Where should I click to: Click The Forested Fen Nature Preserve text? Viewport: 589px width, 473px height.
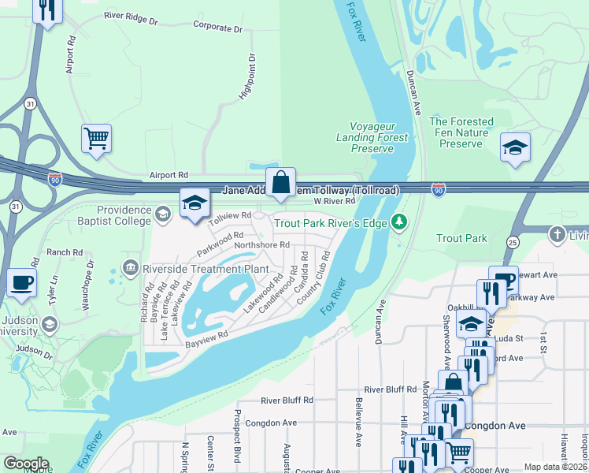[461, 132]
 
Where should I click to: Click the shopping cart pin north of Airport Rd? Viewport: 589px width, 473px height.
[96, 139]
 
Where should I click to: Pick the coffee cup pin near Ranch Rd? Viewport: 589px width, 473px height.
[21, 282]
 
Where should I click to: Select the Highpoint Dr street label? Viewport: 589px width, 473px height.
[247, 77]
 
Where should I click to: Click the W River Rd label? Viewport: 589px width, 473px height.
[335, 202]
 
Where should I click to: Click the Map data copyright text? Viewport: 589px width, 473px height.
[555, 467]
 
